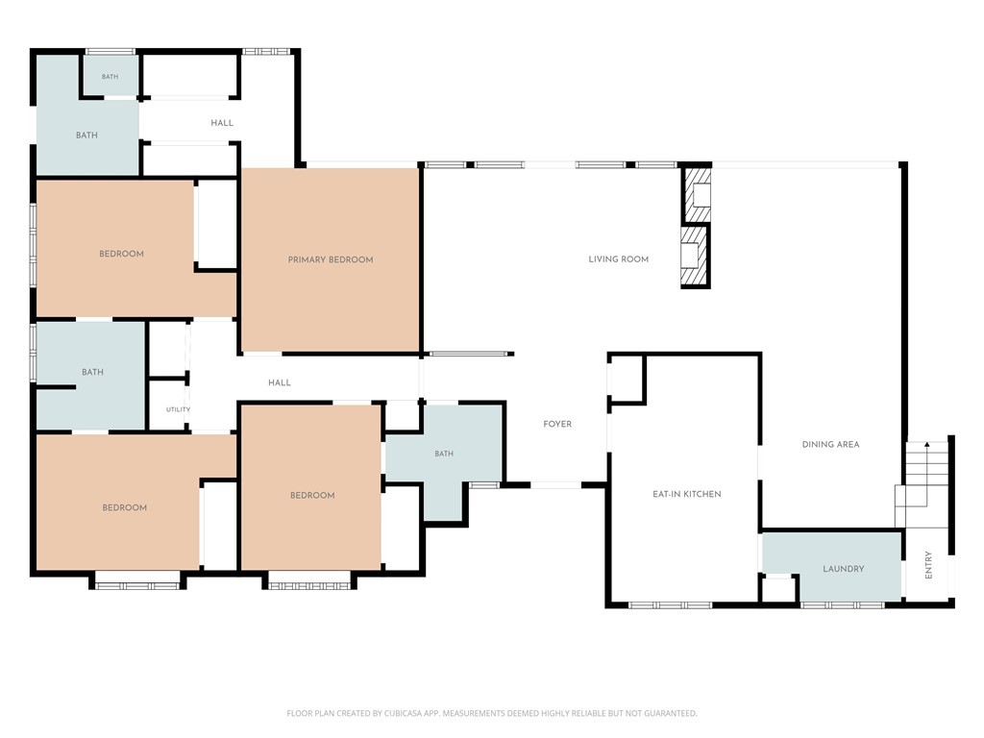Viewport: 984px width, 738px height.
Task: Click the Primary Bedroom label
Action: coord(331,259)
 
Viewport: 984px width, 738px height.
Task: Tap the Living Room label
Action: coord(618,259)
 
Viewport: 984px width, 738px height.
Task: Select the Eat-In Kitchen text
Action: coord(686,495)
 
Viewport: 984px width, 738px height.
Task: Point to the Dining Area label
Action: coord(830,444)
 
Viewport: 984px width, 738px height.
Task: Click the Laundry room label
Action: coord(844,569)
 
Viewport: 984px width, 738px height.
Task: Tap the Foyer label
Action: coord(557,424)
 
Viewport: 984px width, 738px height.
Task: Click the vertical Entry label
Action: coord(929,565)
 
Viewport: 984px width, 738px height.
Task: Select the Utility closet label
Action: coord(178,409)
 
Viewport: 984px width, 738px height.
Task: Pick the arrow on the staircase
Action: coord(927,474)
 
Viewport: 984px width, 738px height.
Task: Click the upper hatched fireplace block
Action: coord(698,195)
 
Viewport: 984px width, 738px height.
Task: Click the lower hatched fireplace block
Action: coord(695,256)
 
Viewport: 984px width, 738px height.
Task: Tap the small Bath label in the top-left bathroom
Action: coord(110,77)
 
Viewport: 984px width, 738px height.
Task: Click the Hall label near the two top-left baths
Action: coord(222,123)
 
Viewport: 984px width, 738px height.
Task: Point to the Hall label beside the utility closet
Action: coord(280,382)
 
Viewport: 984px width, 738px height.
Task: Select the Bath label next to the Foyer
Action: coord(444,454)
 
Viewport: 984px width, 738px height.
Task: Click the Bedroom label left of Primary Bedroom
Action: coord(121,254)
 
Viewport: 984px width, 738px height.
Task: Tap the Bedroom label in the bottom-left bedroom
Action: coord(124,507)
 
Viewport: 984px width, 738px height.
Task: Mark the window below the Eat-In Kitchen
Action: coord(670,605)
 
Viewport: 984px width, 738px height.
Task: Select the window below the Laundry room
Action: coord(842,605)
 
